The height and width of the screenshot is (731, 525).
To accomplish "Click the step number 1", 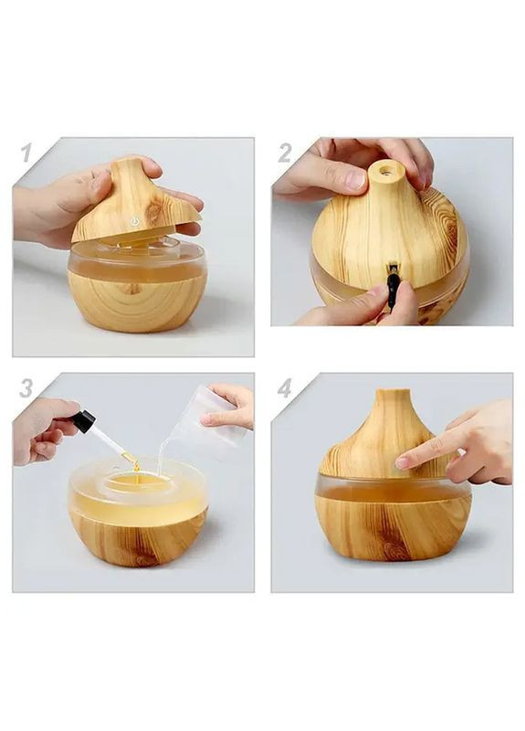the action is pos(26,153).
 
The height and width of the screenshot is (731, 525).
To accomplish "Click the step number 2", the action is pos(285,153).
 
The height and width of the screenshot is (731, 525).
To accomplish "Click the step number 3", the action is pos(26,387).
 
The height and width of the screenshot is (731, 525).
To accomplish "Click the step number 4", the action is pos(285,387).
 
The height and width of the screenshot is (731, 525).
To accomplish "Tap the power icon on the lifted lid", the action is pos(135,221).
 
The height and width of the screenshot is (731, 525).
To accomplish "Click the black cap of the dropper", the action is pos(83,421).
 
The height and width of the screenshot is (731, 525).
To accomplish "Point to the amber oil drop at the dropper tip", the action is pos(136,465).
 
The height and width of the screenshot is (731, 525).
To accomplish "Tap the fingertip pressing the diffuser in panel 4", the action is pos(402,462).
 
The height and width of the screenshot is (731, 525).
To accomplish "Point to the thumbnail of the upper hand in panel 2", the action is pos(356,180).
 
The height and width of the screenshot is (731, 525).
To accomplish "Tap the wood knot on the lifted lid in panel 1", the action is pos(152,213).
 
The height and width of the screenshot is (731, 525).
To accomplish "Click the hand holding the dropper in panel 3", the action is pos(44,431).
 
